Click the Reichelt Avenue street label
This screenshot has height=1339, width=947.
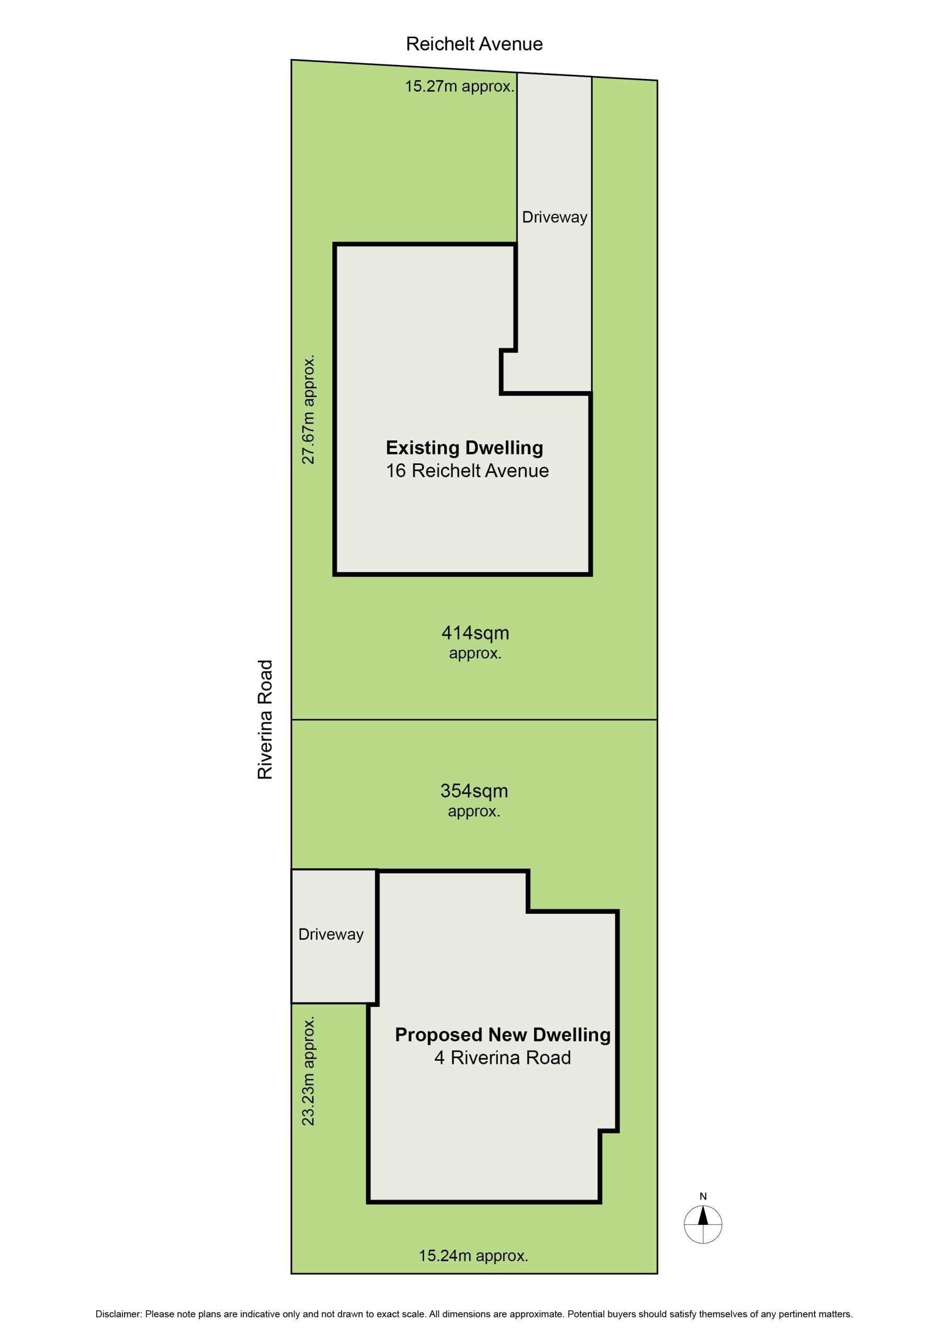474,44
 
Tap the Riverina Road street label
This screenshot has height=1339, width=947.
265,719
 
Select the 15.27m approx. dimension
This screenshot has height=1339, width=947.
460,86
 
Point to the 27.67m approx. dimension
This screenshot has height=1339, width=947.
308,409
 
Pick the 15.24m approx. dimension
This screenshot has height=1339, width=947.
473,1255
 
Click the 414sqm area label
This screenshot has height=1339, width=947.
475,632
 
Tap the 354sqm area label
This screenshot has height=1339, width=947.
474,791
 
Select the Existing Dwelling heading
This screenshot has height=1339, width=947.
465,447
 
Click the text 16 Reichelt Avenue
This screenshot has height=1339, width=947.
467,471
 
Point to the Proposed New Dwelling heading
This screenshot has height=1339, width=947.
502,1034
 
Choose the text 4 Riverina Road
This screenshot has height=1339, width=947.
502,1057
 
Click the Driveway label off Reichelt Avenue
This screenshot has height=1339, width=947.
554,218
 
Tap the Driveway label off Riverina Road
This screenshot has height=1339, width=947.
331,934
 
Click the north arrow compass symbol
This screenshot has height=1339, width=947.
703,1224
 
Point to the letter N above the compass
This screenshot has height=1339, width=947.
703,1196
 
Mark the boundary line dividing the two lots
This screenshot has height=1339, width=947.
474,719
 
